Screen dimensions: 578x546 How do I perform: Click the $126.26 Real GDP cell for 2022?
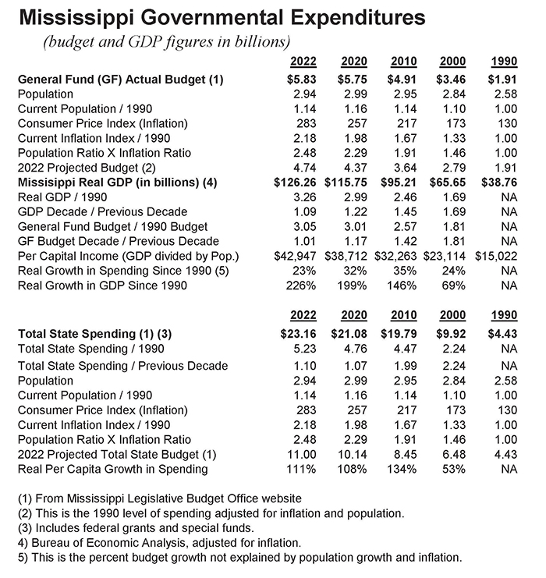(x=293, y=182)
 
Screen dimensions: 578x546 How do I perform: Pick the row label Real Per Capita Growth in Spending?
(x=113, y=469)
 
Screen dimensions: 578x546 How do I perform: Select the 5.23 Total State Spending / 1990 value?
(x=303, y=349)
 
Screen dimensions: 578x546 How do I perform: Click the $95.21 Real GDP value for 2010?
(x=402, y=182)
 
